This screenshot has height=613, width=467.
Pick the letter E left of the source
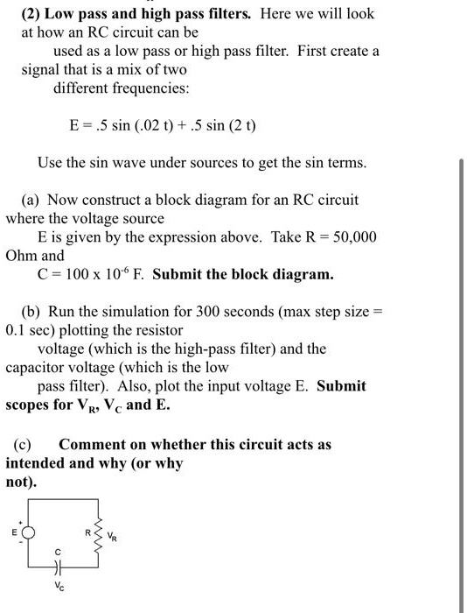tap(13, 532)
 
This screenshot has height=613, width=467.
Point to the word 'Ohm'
tap(21, 257)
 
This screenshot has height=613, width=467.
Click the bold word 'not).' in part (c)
tap(23, 482)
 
